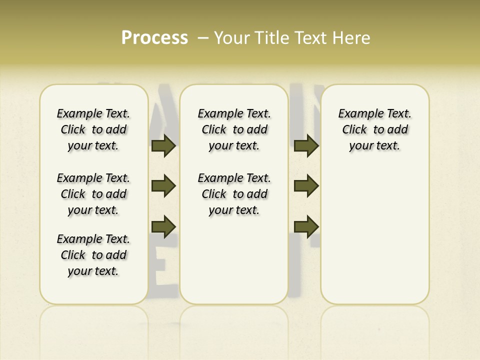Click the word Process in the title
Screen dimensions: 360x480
coord(154,38)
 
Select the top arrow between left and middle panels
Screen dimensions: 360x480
coord(163,146)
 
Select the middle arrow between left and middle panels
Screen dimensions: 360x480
coord(163,186)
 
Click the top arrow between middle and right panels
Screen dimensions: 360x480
coord(306,146)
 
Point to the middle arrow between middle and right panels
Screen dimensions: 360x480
coord(306,186)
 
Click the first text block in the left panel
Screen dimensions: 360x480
coord(93,129)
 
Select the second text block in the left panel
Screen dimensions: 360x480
coord(93,194)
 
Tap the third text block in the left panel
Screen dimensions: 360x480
coord(93,255)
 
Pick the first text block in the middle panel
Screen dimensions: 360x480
coord(234,129)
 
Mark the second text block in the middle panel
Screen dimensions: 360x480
coord(234,194)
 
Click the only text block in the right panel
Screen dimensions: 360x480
coord(374,129)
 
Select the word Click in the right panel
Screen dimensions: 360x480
coord(354,130)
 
